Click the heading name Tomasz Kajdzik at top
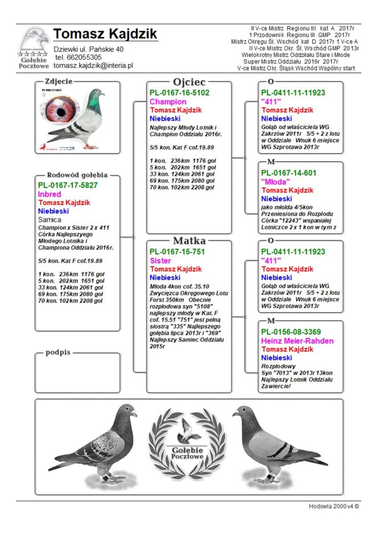click(105, 34)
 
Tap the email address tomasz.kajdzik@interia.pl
click(93, 66)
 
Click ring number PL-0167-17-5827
click(68, 185)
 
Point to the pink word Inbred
click(49, 194)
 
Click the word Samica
click(49, 220)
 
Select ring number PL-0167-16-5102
click(180, 93)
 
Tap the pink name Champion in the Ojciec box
click(168, 101)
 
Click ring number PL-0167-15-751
click(177, 252)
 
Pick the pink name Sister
click(160, 261)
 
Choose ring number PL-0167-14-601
click(289, 173)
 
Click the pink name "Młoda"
click(276, 181)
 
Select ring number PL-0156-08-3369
click(291, 332)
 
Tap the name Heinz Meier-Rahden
click(297, 341)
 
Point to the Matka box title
click(189, 241)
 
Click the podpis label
click(58, 353)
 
